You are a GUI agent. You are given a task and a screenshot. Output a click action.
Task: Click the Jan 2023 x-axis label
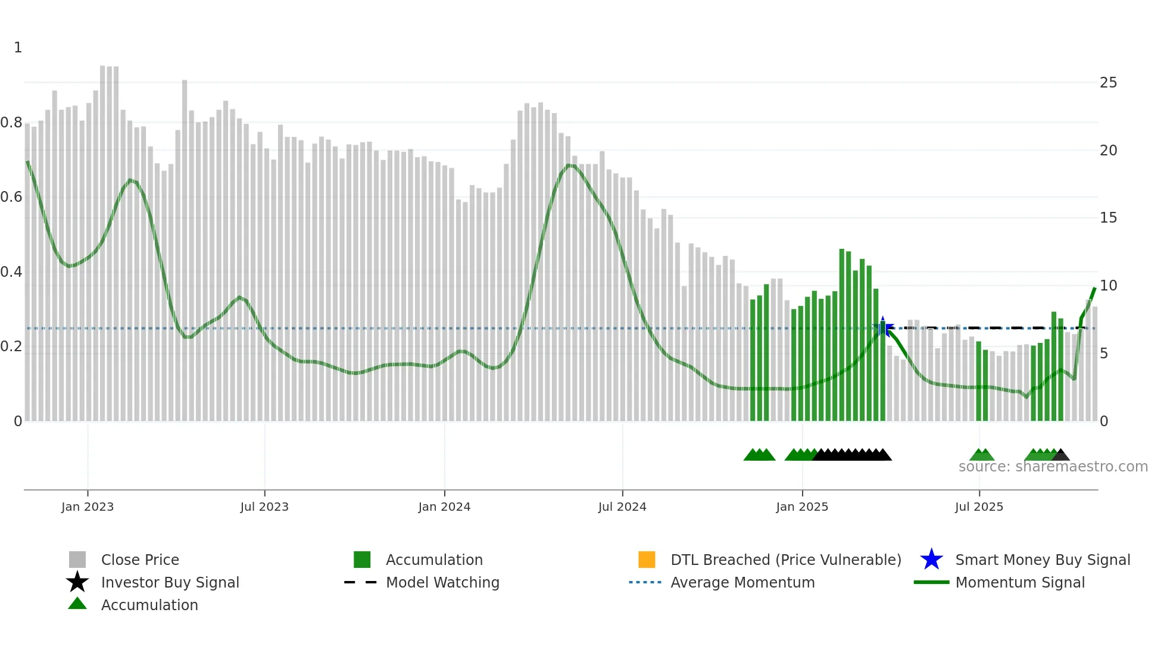(88, 507)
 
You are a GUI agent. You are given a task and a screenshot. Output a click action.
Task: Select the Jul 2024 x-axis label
(622, 507)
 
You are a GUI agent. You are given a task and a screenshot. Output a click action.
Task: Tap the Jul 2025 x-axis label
(979, 507)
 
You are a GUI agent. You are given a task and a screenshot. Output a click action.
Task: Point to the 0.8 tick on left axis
(11, 123)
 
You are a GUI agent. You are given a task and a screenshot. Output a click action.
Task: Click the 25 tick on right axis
(1108, 83)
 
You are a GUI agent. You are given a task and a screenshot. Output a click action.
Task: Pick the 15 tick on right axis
(1108, 218)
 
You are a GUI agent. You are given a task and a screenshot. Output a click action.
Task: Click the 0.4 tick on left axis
(11, 272)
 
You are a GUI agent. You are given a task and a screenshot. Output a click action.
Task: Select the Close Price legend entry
(140, 560)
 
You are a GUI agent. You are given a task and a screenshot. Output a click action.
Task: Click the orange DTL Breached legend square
(647, 560)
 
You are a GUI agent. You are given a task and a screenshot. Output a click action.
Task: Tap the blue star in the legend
(931, 560)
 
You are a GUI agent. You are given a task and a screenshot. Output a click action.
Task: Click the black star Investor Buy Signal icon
(77, 582)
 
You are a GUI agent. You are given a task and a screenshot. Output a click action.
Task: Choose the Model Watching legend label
(442, 582)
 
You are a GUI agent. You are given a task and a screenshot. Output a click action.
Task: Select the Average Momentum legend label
(742, 582)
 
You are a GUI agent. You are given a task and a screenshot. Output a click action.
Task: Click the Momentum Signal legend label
(1020, 582)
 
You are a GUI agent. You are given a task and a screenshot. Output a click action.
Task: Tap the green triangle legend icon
(77, 604)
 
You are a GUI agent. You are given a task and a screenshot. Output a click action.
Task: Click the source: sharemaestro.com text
(1053, 467)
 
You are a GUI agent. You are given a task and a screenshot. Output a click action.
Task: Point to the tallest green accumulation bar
(842, 333)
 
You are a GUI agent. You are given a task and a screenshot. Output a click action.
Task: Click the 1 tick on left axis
(18, 48)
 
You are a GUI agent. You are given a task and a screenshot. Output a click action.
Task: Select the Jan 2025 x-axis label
(802, 507)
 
